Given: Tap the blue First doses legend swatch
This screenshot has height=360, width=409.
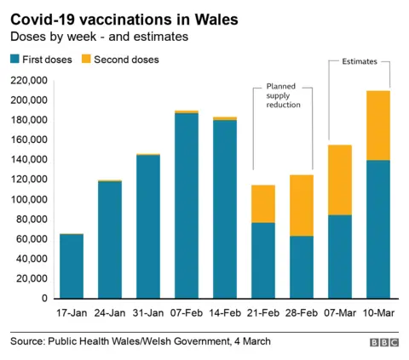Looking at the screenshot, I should pos(16,60).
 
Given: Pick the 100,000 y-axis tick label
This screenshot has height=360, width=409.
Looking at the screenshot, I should pos(27,199).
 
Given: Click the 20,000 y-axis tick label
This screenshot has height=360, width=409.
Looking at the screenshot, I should pos(30,279).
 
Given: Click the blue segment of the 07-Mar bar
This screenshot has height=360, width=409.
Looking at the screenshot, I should pos(339,256).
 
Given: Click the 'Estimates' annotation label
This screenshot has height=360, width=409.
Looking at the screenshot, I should pos(359,62).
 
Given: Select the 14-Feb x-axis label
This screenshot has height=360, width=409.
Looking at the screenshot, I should pos(225,312).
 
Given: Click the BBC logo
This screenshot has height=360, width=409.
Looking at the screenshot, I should pos(383,342).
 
